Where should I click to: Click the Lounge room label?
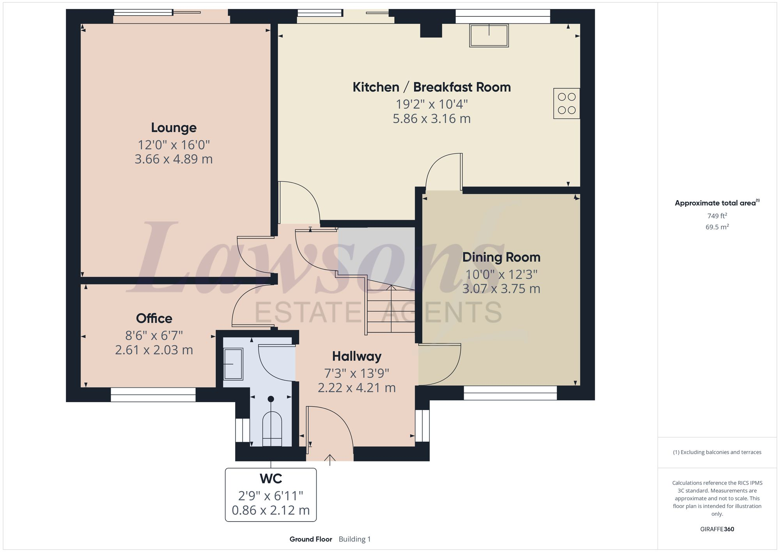pos(174,128)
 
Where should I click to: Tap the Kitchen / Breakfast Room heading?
pos(431,87)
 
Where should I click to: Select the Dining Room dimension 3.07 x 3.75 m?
pos(501,289)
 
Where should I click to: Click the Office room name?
pos(154,318)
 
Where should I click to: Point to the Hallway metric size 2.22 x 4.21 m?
pos(356,388)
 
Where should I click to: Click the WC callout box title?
pos(271,478)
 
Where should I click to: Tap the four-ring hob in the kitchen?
pos(566,103)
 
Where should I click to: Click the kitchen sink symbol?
pos(489,35)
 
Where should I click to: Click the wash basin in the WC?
pos(233,364)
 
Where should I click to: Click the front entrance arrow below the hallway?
pos(330,460)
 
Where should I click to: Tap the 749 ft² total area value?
pos(717,216)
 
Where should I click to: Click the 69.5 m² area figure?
pos(717,227)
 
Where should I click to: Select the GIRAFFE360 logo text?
pos(717,529)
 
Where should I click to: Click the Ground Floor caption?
pos(310,539)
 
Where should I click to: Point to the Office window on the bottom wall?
pos(153,394)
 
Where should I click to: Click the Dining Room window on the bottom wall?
pos(510,393)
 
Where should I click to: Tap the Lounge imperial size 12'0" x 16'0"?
pos(174,145)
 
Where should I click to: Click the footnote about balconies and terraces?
pos(717,452)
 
